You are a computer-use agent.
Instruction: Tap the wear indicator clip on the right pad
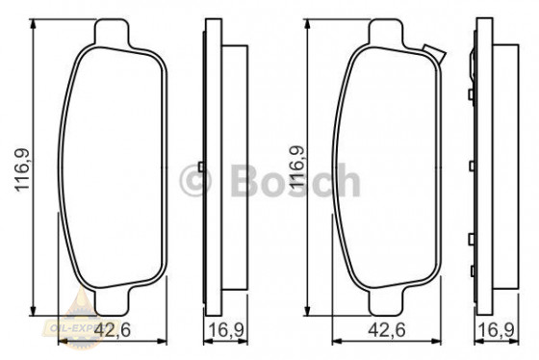pos(432,53)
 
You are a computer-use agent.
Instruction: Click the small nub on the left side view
pos(198,164)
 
